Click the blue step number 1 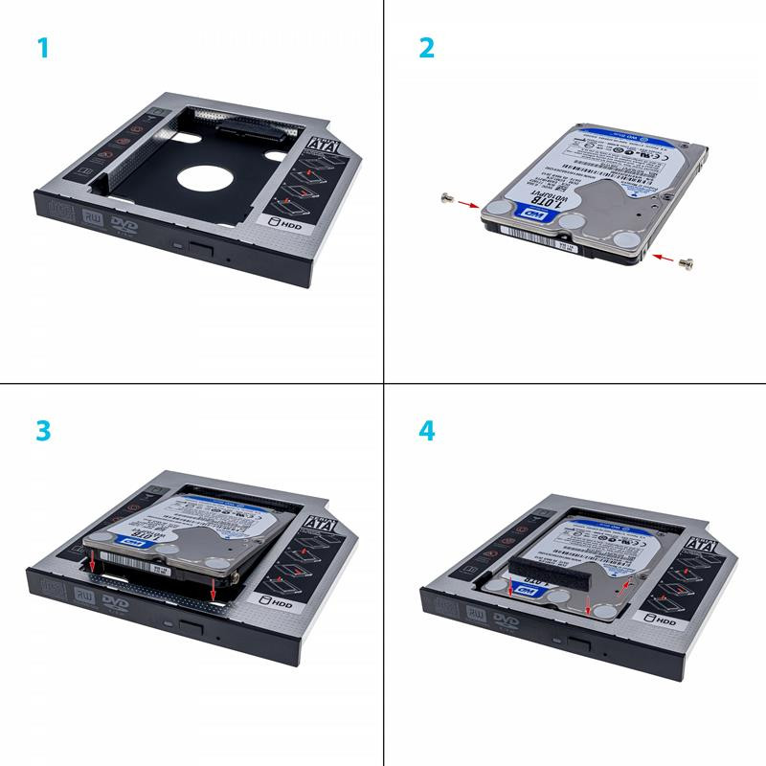tap(42, 48)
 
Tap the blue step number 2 tap(426, 48)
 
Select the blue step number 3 tap(43, 431)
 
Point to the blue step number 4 tap(427, 431)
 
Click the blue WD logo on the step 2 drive tap(529, 218)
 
